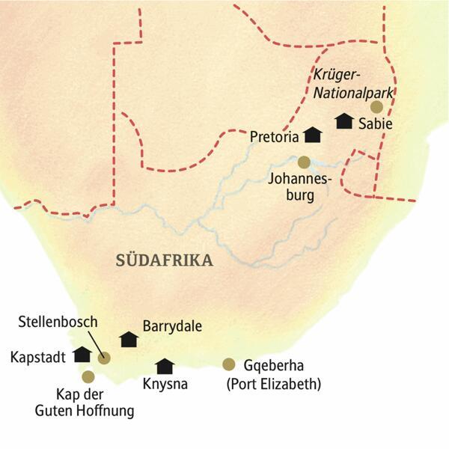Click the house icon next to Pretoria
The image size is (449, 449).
[312, 135]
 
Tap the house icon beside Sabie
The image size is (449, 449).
[343, 120]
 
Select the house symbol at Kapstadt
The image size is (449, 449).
[82, 354]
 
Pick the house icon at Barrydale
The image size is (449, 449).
[130, 339]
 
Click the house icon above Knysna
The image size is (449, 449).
[164, 366]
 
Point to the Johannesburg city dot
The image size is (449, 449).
[304, 162]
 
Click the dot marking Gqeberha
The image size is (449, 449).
[229, 364]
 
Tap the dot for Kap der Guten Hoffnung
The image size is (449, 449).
[89, 376]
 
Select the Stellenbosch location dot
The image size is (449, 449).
[104, 358]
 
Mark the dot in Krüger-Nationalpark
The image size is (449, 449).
[376, 107]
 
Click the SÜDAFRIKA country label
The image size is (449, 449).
[165, 260]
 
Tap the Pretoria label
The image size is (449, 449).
[275, 137]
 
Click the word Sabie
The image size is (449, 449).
[374, 123]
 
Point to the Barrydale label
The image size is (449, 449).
[174, 327]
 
